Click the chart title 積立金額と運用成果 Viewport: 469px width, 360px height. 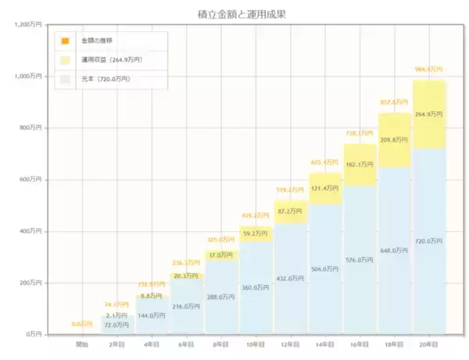pyautogui.click(x=234, y=14)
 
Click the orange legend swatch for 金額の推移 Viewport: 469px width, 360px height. pyautogui.click(x=66, y=40)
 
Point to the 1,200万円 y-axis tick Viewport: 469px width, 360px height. pyautogui.click(x=29, y=25)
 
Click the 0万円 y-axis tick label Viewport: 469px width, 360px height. pyautogui.click(x=34, y=334)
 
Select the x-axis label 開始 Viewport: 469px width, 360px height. pyautogui.click(x=82, y=344)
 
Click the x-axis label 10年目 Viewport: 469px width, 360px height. pyautogui.click(x=256, y=344)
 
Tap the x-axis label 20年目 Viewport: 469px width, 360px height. pyautogui.click(x=429, y=344)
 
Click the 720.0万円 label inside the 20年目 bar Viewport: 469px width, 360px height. pyautogui.click(x=429, y=241)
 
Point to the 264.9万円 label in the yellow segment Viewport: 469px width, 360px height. pyautogui.click(x=429, y=114)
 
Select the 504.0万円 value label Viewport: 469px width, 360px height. pyautogui.click(x=325, y=269)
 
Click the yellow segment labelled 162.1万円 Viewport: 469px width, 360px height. pyautogui.click(x=360, y=165)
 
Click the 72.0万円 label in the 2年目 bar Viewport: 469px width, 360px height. pyautogui.click(x=117, y=325)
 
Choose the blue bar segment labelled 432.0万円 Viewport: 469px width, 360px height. pyautogui.click(x=290, y=278)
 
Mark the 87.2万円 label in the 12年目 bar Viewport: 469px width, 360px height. pyautogui.click(x=290, y=212)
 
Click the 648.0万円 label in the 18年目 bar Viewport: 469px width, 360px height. pyautogui.click(x=395, y=251)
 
